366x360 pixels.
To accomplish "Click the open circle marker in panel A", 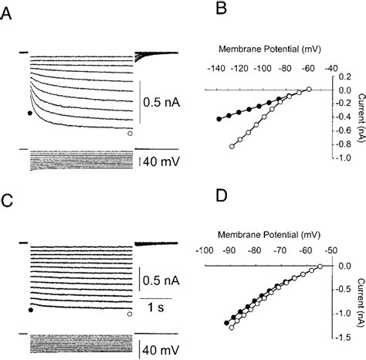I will tap(130, 133).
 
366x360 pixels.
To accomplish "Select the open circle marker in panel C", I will tap(130, 314).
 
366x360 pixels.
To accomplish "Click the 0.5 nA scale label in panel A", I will tap(164, 100).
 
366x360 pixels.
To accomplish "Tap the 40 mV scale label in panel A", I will tap(161, 162).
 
